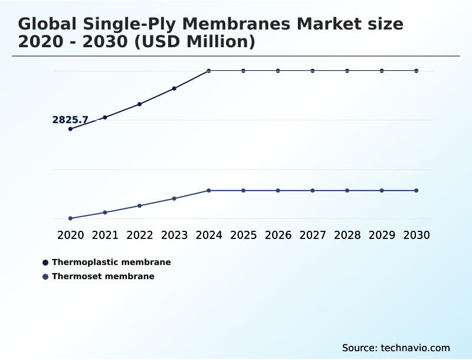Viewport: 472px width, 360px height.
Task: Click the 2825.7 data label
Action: coord(70,120)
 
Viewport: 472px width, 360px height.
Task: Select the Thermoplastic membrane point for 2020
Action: coord(70,129)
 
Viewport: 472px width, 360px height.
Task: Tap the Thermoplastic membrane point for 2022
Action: coord(140,104)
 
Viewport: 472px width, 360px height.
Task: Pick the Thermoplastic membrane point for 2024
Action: coord(209,71)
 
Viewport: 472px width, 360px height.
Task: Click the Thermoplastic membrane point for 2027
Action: coord(313,71)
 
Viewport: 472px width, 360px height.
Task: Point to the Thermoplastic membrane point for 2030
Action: coord(417,71)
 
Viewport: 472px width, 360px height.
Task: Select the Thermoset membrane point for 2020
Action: coord(70,218)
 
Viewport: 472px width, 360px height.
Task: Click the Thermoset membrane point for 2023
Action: coord(174,198)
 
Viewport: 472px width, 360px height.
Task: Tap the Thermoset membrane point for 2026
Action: coord(278,191)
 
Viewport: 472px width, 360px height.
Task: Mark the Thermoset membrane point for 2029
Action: coord(382,191)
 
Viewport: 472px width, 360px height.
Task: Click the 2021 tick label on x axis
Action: coord(105,235)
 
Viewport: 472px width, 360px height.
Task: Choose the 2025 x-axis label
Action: coord(243,235)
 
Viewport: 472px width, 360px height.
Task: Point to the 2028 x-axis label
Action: coord(347,235)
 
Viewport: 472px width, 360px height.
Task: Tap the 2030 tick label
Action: coord(417,235)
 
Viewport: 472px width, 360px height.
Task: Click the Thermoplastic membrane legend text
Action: coord(111,262)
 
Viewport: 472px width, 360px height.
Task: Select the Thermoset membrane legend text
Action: coord(103,276)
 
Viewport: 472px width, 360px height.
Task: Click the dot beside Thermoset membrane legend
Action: coord(45,276)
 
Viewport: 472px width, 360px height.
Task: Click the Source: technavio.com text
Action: coord(396,348)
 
